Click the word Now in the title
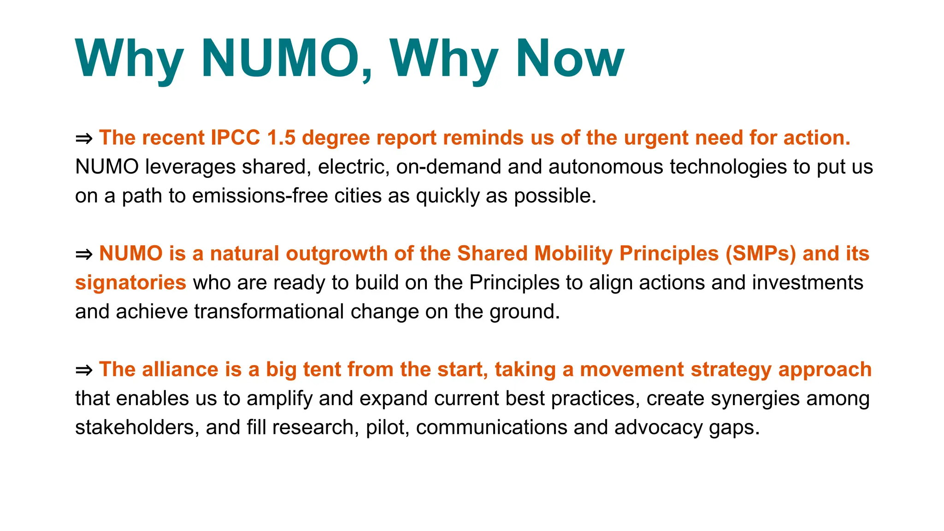pyautogui.click(x=570, y=59)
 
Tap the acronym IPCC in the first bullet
pyautogui.click(x=235, y=138)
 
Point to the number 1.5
pyautogui.click(x=281, y=138)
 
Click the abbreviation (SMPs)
pyautogui.click(x=761, y=254)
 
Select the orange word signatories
pyautogui.click(x=130, y=283)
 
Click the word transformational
pyautogui.click(x=269, y=312)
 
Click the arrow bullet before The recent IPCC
pyautogui.click(x=84, y=138)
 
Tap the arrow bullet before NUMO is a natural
pyautogui.click(x=84, y=254)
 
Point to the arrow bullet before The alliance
pyautogui.click(x=84, y=370)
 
